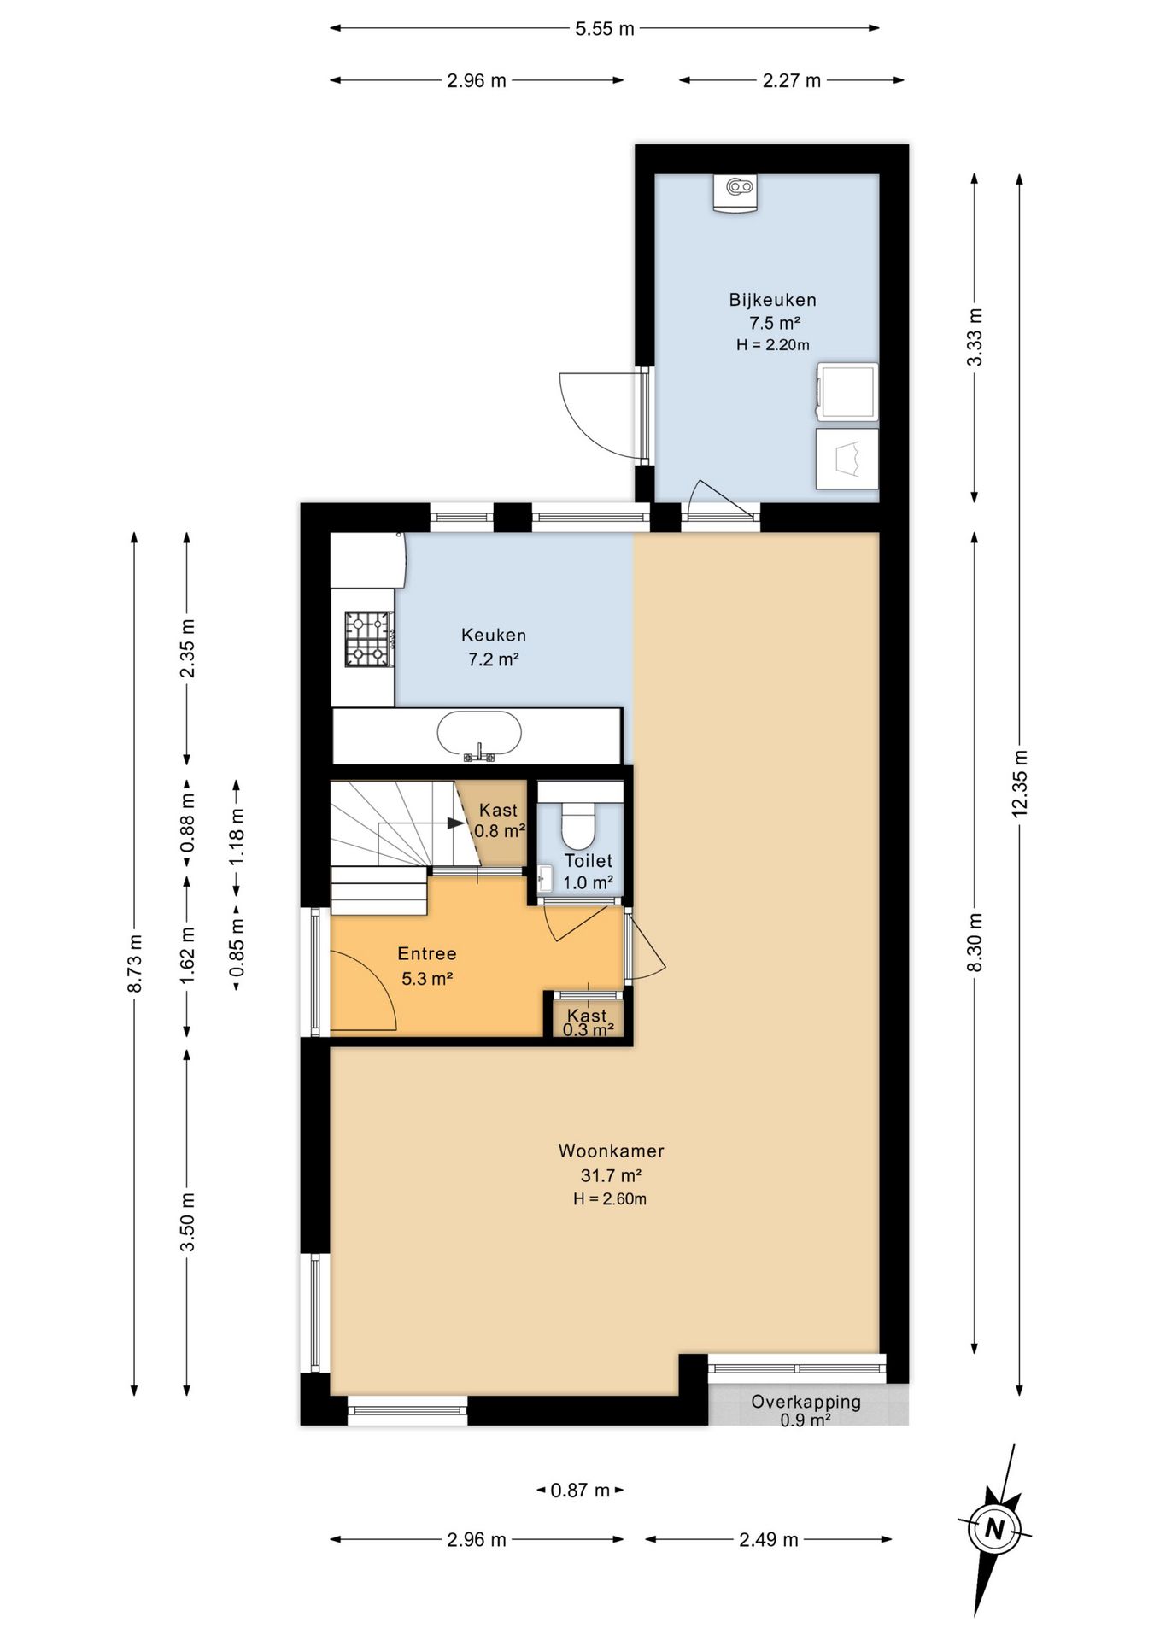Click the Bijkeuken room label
coord(772,300)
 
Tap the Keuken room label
coord(494,635)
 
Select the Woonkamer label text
coord(611,1151)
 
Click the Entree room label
coord(427,953)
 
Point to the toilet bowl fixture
coord(577,824)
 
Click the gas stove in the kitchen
coord(369,639)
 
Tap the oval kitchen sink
coord(479,734)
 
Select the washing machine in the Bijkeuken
coord(847,392)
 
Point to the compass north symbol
coord(993,1528)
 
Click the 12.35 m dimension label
coord(1019,784)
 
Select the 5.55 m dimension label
coord(604,29)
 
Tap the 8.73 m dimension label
coord(134,963)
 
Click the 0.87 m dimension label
coord(580,1491)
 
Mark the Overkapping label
coord(806,1402)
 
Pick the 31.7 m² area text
coord(611,1175)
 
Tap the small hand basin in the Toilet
coord(546,877)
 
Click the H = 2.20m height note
coord(772,345)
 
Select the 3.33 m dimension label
coord(975,337)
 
